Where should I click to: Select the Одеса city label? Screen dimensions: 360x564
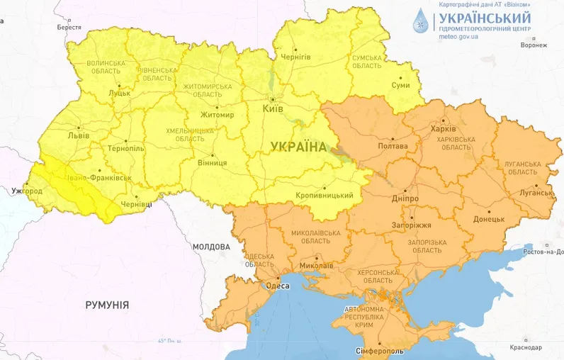point(276,286)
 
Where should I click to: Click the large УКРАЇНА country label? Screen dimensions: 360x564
point(298,147)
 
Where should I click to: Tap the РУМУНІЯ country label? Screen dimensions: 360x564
point(107,305)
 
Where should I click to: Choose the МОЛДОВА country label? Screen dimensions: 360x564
point(211,247)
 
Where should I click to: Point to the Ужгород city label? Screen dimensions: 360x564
point(27,191)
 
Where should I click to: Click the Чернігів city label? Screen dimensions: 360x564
point(295,56)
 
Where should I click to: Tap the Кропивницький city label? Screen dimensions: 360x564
point(324,196)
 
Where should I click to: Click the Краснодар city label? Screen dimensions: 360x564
point(525,347)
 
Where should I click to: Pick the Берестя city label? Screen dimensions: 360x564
point(69,26)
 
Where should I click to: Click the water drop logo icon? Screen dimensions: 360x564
point(422,23)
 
